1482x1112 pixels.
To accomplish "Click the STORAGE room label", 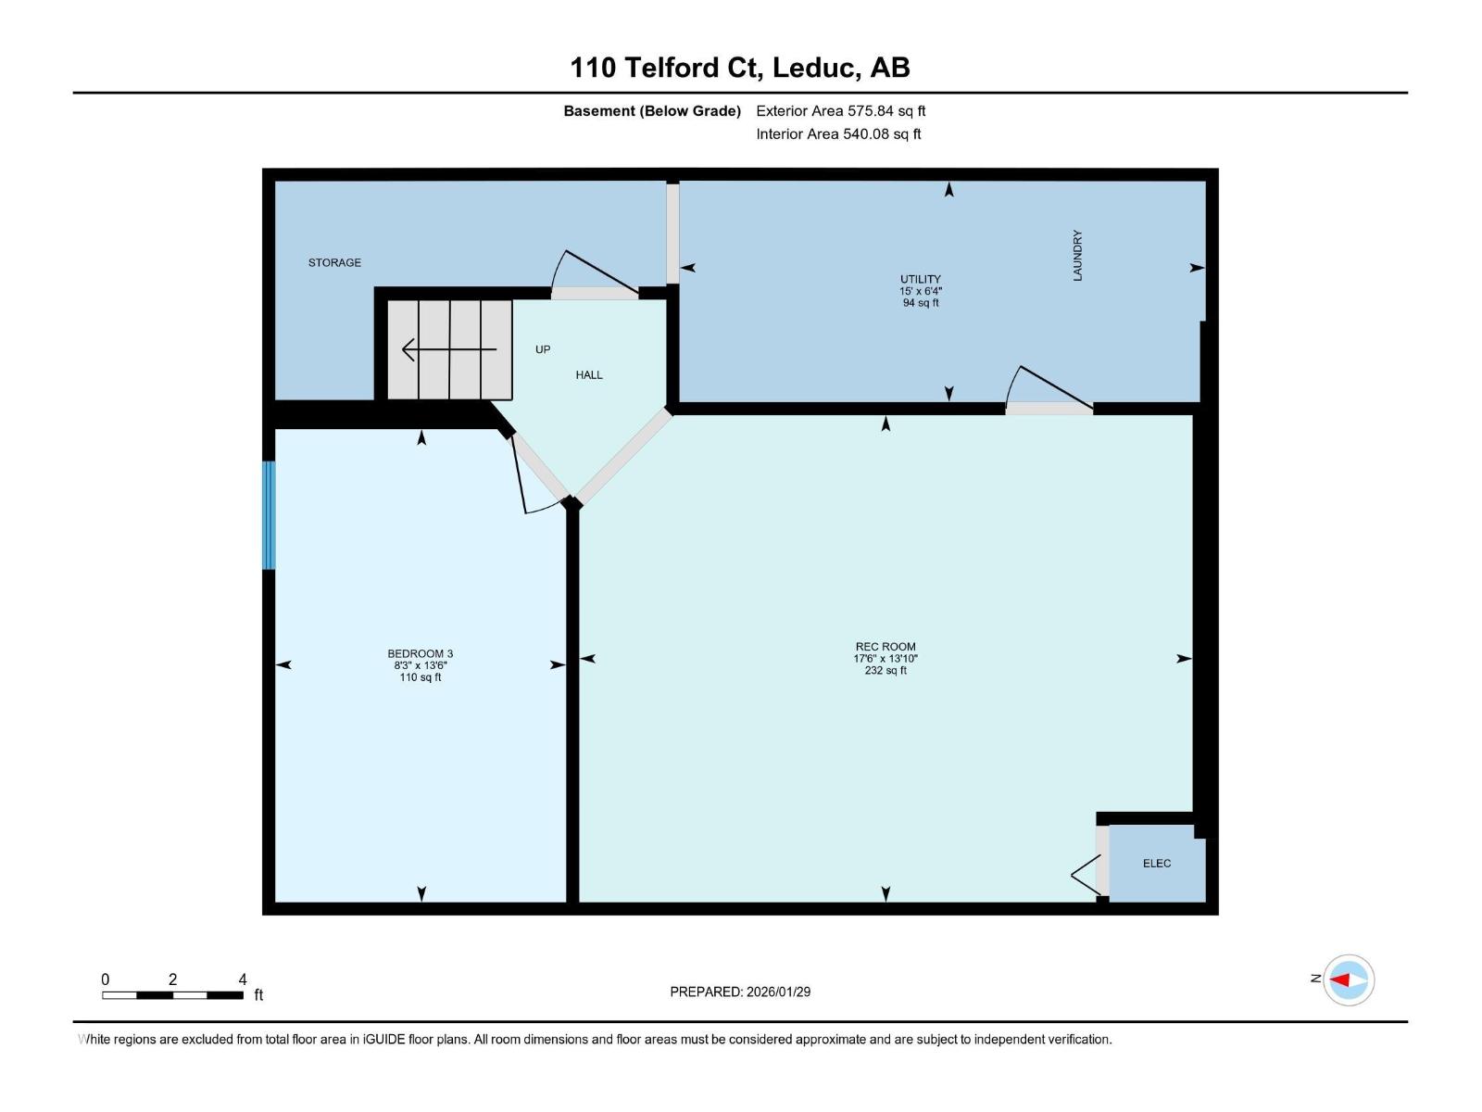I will pyautogui.click(x=334, y=263).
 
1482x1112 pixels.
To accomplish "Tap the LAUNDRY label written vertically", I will pyautogui.click(x=1077, y=256).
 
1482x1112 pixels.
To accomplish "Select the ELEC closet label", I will pyautogui.click(x=1157, y=864).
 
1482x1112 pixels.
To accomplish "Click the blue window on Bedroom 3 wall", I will pyautogui.click(x=269, y=515).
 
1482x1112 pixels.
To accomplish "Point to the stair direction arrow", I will pyautogui.click(x=448, y=350).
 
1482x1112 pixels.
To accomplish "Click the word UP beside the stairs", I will pyautogui.click(x=543, y=349).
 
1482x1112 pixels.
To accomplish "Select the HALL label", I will pyautogui.click(x=589, y=375).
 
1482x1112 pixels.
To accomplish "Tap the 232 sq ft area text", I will pyautogui.click(x=885, y=671).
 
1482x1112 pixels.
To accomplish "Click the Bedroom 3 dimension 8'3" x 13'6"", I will pyautogui.click(x=421, y=665).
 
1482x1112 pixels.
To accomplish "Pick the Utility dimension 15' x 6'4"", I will pyautogui.click(x=920, y=291).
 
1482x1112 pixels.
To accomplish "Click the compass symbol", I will pyautogui.click(x=1348, y=979).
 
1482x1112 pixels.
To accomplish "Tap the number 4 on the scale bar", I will pyautogui.click(x=243, y=979).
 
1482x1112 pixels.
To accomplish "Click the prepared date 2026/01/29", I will pyautogui.click(x=778, y=992).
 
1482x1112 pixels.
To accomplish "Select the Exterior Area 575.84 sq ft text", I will pyautogui.click(x=841, y=111).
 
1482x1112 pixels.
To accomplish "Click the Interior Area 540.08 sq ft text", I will pyautogui.click(x=838, y=134).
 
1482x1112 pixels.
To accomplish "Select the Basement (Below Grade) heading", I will pyautogui.click(x=652, y=111).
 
